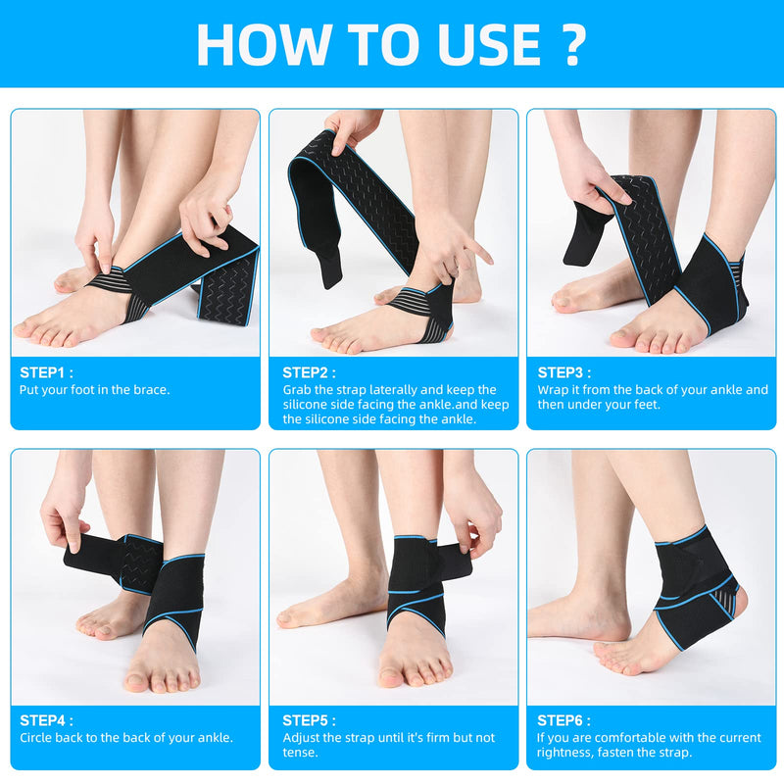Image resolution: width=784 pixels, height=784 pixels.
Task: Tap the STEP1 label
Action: point(46,372)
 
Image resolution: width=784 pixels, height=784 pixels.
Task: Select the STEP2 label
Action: point(309,372)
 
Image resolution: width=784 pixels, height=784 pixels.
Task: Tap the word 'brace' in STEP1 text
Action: point(149,389)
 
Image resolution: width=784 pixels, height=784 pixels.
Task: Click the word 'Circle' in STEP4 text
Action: point(39,738)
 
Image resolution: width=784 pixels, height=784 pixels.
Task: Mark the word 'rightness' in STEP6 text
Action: point(568,753)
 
